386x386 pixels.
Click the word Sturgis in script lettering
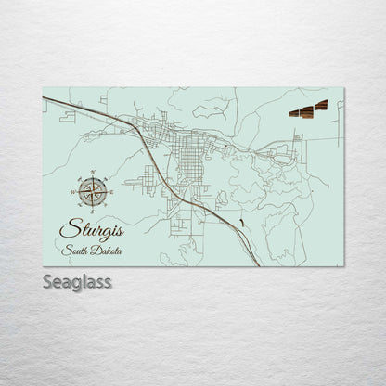(x=91, y=228)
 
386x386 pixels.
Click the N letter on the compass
(x=92, y=171)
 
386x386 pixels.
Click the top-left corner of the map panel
(x=44, y=88)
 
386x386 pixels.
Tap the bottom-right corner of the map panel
(x=343, y=267)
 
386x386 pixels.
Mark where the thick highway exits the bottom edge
(x=259, y=266)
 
